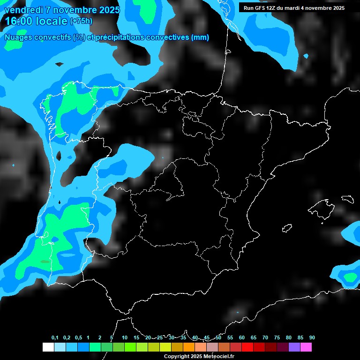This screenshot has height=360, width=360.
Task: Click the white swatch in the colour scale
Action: [x=48, y=347]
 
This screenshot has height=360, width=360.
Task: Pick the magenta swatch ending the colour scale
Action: [x=306, y=347]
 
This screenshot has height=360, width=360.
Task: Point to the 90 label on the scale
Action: [x=312, y=338]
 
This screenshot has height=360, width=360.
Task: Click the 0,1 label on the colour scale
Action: [x=55, y=338]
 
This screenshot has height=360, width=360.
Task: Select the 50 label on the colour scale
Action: [x=218, y=338]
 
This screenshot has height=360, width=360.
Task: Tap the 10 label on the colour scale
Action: [x=125, y=338]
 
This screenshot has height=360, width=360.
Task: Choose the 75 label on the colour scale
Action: [x=277, y=338]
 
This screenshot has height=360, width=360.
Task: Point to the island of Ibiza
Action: [x=287, y=228]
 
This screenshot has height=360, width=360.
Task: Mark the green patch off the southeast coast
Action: [x=350, y=277]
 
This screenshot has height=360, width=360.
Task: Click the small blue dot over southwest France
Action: [x=306, y=56]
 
